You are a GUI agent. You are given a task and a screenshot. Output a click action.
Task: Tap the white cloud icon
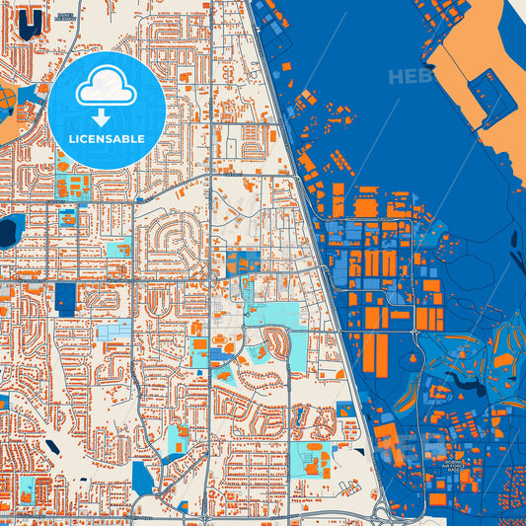point(107,90)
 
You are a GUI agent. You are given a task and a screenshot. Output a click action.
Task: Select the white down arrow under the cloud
point(108,116)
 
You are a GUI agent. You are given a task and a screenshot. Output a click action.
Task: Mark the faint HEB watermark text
point(410,75)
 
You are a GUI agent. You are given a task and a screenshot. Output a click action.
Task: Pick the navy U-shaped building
point(32,20)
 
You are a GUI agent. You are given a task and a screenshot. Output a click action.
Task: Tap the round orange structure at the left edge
point(5,98)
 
